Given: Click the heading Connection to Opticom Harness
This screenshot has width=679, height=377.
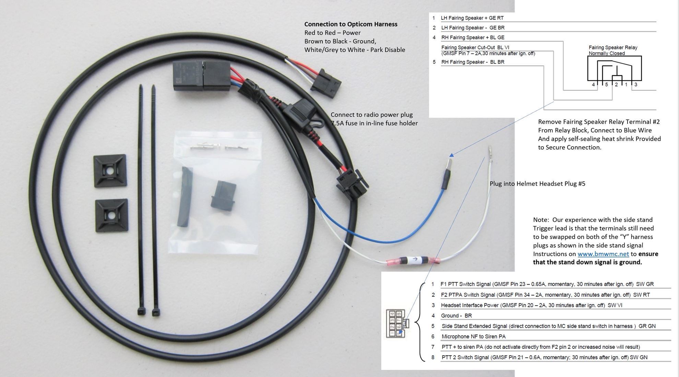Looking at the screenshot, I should pyautogui.click(x=350, y=24).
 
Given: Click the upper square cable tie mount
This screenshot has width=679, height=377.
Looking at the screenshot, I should pyautogui.click(x=110, y=171).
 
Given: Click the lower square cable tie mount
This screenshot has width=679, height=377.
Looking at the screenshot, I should pyautogui.click(x=111, y=216).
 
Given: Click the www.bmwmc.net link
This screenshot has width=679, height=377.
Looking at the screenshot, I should pyautogui.click(x=603, y=254).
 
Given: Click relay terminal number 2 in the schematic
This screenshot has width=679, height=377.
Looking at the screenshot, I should pyautogui.click(x=616, y=84).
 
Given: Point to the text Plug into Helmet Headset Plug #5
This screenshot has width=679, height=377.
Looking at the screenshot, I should pyautogui.click(x=537, y=184).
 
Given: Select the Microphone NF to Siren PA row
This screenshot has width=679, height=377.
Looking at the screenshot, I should pyautogui.click(x=473, y=336).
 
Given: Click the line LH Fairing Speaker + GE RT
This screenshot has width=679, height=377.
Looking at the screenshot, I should pyautogui.click(x=472, y=18).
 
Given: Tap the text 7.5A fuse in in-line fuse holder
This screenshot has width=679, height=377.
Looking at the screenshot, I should pyautogui.click(x=374, y=123).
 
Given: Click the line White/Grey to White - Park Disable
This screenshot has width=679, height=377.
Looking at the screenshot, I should pyautogui.click(x=355, y=50).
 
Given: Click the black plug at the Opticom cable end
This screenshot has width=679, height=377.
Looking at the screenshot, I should pyautogui.click(x=325, y=82).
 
